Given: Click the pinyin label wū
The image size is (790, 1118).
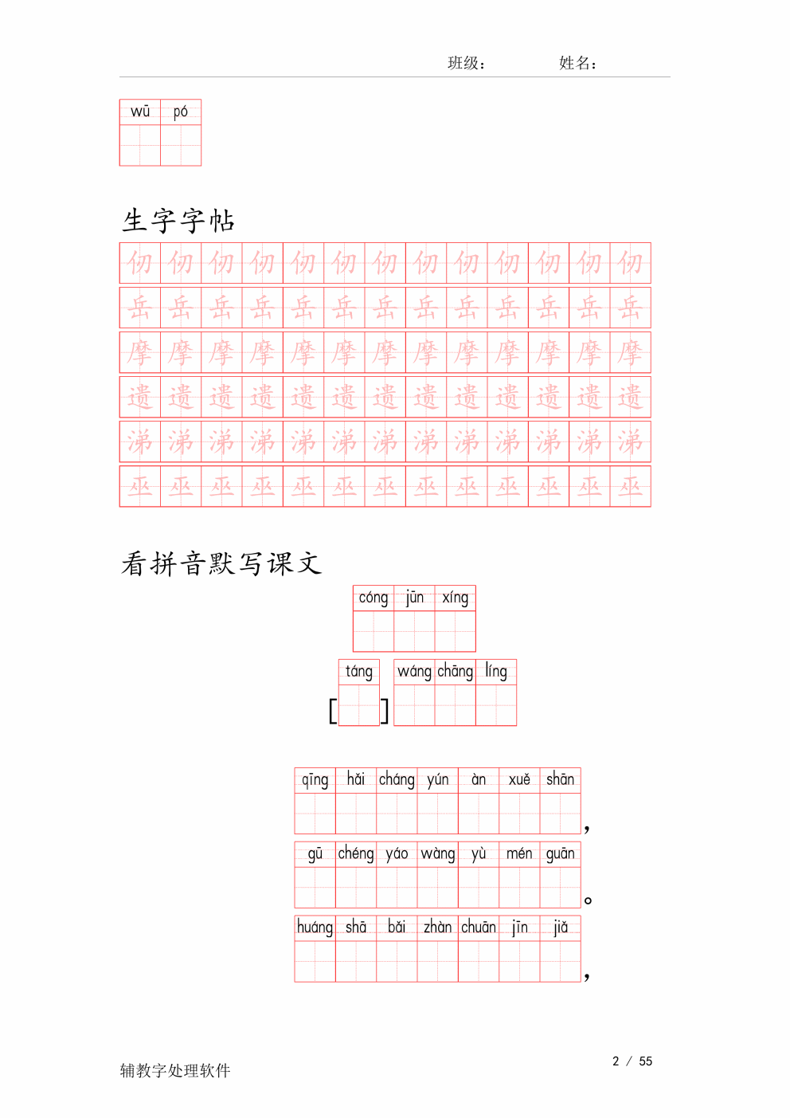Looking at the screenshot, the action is point(140,112).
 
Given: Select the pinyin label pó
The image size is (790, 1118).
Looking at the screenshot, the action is point(181,112).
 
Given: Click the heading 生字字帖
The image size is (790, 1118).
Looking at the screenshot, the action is point(178,221).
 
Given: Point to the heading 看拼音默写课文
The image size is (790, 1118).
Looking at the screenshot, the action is point(221,564).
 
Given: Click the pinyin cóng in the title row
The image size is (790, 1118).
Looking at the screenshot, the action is point(373,598).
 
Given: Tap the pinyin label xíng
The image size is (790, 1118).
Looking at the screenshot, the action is point(455,598).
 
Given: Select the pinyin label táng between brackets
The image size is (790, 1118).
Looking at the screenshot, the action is point(359,672).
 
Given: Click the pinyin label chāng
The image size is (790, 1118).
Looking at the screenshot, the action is point(455,671).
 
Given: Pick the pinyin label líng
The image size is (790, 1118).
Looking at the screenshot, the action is point(496,671).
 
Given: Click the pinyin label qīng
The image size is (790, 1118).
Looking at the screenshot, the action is point(315,779).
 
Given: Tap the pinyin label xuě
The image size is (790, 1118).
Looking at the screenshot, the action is point(519,779).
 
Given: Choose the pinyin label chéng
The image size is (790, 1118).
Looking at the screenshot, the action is point(356,853).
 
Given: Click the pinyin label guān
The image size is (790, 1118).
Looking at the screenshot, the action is point(560,853).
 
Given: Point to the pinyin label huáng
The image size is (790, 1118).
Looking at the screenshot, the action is point(315,927).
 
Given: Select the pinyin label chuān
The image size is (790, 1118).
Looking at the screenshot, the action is point(479,927).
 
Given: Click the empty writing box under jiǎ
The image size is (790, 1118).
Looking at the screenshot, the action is point(560,961).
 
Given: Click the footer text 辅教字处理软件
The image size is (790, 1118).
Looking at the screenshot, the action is point(175,1070).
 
